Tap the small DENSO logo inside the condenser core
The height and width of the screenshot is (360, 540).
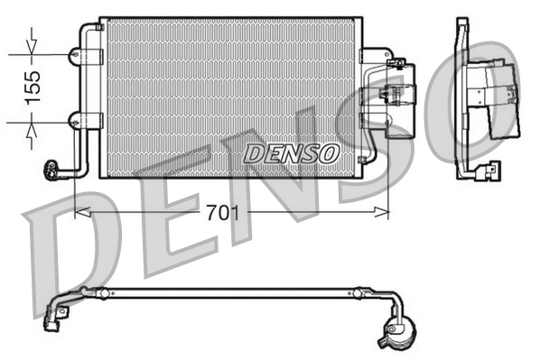(291, 152)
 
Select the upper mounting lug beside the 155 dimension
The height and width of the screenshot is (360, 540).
(74, 56)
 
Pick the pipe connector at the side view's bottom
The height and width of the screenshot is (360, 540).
(490, 169)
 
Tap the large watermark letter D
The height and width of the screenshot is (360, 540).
(72, 239)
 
